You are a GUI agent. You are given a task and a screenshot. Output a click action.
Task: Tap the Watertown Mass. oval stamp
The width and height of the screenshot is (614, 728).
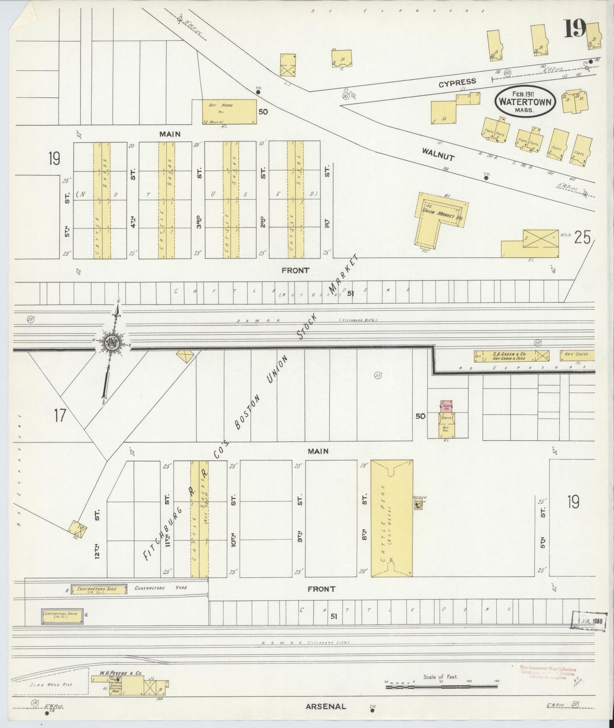526,102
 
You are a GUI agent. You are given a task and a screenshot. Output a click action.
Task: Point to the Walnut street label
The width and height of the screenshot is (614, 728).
439,153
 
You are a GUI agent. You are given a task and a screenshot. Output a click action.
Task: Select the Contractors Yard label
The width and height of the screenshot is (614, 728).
161,589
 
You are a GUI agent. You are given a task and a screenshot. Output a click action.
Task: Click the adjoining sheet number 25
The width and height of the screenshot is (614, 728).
582,238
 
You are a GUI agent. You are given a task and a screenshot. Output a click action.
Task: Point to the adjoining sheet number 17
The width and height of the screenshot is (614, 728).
60,415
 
